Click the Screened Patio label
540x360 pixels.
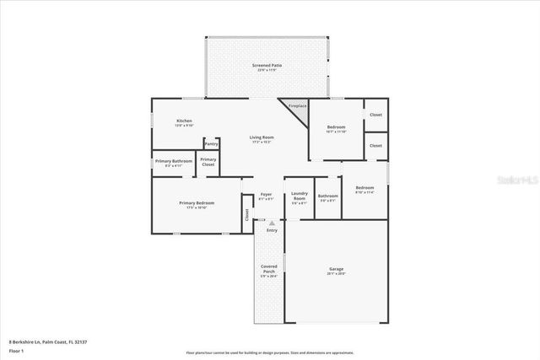click(266, 65)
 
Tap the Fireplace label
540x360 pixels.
click(297, 106)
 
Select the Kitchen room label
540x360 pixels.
click(184, 121)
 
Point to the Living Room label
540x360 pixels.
click(261, 137)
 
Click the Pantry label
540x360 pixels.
click(211, 144)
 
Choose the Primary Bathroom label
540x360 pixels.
click(174, 161)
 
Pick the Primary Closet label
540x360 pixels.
click(208, 161)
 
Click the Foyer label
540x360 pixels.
click(266, 195)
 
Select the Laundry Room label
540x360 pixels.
click(300, 198)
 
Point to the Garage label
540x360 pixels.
click(336, 270)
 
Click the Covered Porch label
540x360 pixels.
click(268, 270)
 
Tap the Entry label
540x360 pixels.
click(272, 229)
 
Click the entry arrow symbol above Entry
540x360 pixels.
click(272, 223)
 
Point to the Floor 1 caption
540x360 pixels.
click(16, 349)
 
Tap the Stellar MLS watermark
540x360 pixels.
click(516, 180)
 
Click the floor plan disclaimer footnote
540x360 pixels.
click(269, 352)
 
